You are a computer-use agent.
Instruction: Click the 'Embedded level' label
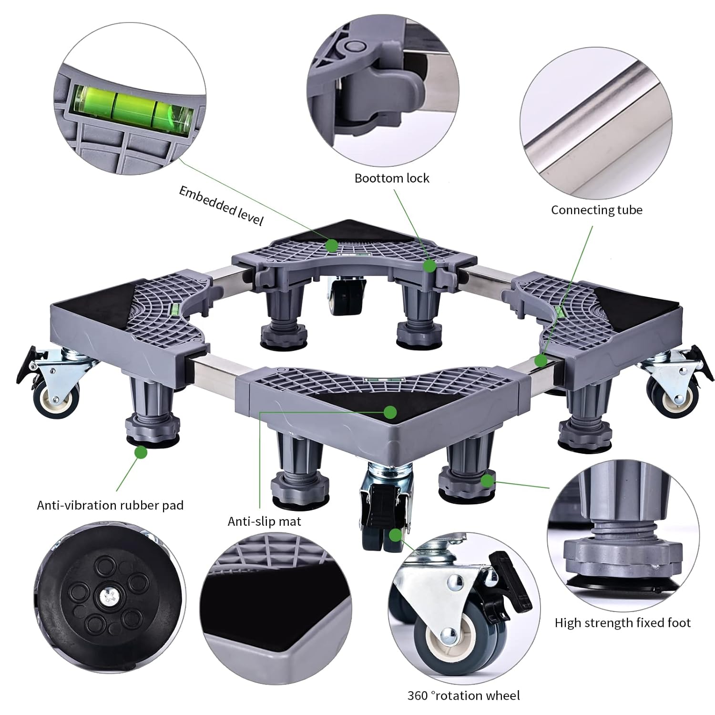coord(221,205)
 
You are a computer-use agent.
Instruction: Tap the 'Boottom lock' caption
coord(392,178)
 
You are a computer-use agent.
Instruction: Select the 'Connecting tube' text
coord(597,210)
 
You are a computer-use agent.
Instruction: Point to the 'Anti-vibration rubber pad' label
coord(110,505)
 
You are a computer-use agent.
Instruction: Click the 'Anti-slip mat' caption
coord(264,521)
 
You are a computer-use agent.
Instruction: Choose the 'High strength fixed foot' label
coord(623,623)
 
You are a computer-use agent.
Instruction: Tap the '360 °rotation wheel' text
coord(463,695)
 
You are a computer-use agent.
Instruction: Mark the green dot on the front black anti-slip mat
coord(391,411)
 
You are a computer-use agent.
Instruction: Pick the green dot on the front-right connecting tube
coord(541,360)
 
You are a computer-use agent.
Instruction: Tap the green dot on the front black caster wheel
coord(395,535)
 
